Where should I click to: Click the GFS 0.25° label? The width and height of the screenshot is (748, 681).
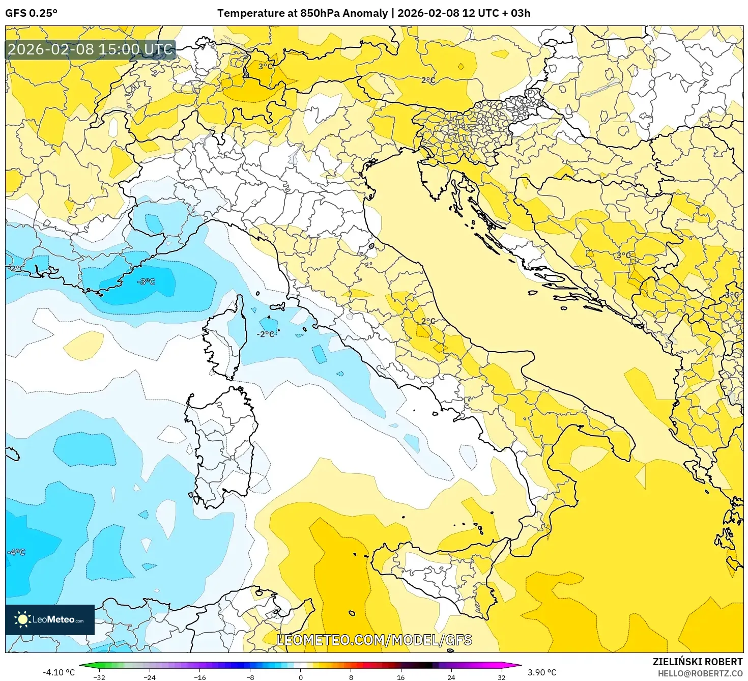[x=31, y=13]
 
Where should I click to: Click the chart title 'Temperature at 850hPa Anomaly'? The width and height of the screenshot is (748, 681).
[x=302, y=13]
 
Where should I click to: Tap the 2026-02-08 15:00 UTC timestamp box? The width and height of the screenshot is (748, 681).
[x=91, y=50]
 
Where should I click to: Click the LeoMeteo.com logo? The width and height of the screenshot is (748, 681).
[x=50, y=619]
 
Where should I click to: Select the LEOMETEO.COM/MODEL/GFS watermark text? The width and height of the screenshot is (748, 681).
[x=374, y=640]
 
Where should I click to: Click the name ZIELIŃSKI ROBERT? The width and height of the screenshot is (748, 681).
[x=698, y=662]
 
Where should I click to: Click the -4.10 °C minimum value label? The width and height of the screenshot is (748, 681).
[x=59, y=672]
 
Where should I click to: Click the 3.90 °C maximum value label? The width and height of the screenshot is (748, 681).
[x=542, y=672]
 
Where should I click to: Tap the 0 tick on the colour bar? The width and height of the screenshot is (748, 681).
[x=301, y=677]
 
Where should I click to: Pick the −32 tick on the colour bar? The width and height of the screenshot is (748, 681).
[x=99, y=677]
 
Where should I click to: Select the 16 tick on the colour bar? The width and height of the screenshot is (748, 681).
[x=401, y=677]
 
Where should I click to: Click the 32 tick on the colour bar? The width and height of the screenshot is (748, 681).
[x=501, y=677]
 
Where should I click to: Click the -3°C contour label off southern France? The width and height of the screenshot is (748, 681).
[x=147, y=281]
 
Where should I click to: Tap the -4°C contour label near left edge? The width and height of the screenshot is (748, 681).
[x=16, y=552]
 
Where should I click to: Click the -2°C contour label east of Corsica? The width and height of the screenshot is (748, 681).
[x=266, y=334]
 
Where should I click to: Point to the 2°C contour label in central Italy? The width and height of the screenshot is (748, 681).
[x=428, y=321]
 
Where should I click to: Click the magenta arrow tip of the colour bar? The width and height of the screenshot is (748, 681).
[x=518, y=665]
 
